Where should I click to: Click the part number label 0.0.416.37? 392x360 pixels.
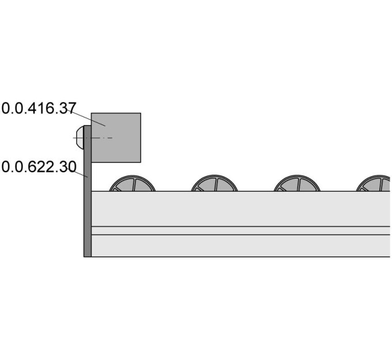(38, 108)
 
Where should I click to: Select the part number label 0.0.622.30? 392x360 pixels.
(39, 167)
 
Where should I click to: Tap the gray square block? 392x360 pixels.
(116, 138)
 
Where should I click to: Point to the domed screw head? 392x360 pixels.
(80, 138)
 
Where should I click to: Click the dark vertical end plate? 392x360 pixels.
(88, 191)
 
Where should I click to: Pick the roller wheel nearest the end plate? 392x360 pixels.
(132, 184)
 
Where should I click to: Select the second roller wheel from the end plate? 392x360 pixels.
(214, 184)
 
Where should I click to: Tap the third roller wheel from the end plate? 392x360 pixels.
(297, 184)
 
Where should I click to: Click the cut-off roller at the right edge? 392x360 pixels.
(373, 184)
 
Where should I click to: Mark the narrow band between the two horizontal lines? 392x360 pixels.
(241, 230)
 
